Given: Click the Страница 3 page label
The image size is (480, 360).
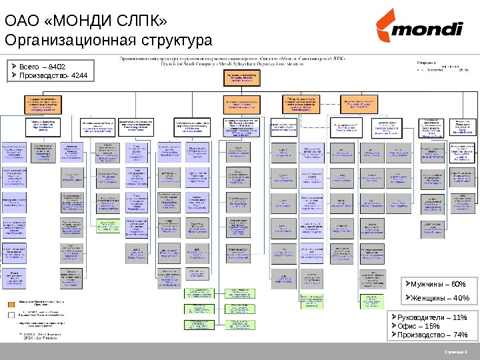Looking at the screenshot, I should (x=457, y=351).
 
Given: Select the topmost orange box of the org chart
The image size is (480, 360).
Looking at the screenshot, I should (x=241, y=79).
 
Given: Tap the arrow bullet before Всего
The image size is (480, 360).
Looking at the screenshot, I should (x=15, y=67).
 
